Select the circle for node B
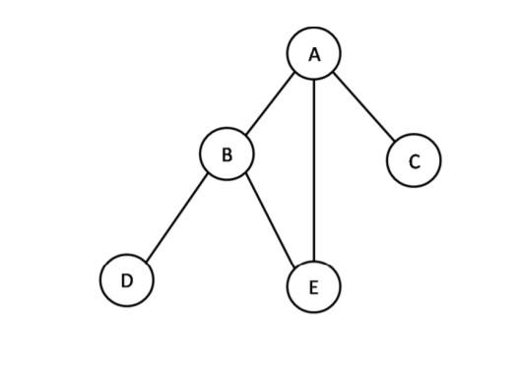pyautogui.click(x=226, y=153)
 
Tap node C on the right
pyautogui.click(x=414, y=160)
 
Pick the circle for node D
pyautogui.click(x=127, y=280)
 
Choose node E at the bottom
pyautogui.click(x=313, y=286)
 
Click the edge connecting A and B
pyautogui.click(x=270, y=102)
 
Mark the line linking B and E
pyautogui.click(x=270, y=218)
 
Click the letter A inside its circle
pyautogui.click(x=314, y=55)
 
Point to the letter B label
pyautogui.click(x=226, y=154)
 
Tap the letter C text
pyautogui.click(x=414, y=161)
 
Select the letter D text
pyautogui.click(x=127, y=281)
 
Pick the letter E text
pyautogui.click(x=313, y=287)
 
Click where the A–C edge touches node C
pyautogui.click(x=396, y=142)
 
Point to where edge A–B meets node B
pyautogui.click(x=243, y=134)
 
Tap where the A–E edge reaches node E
pyautogui.click(x=313, y=261)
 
